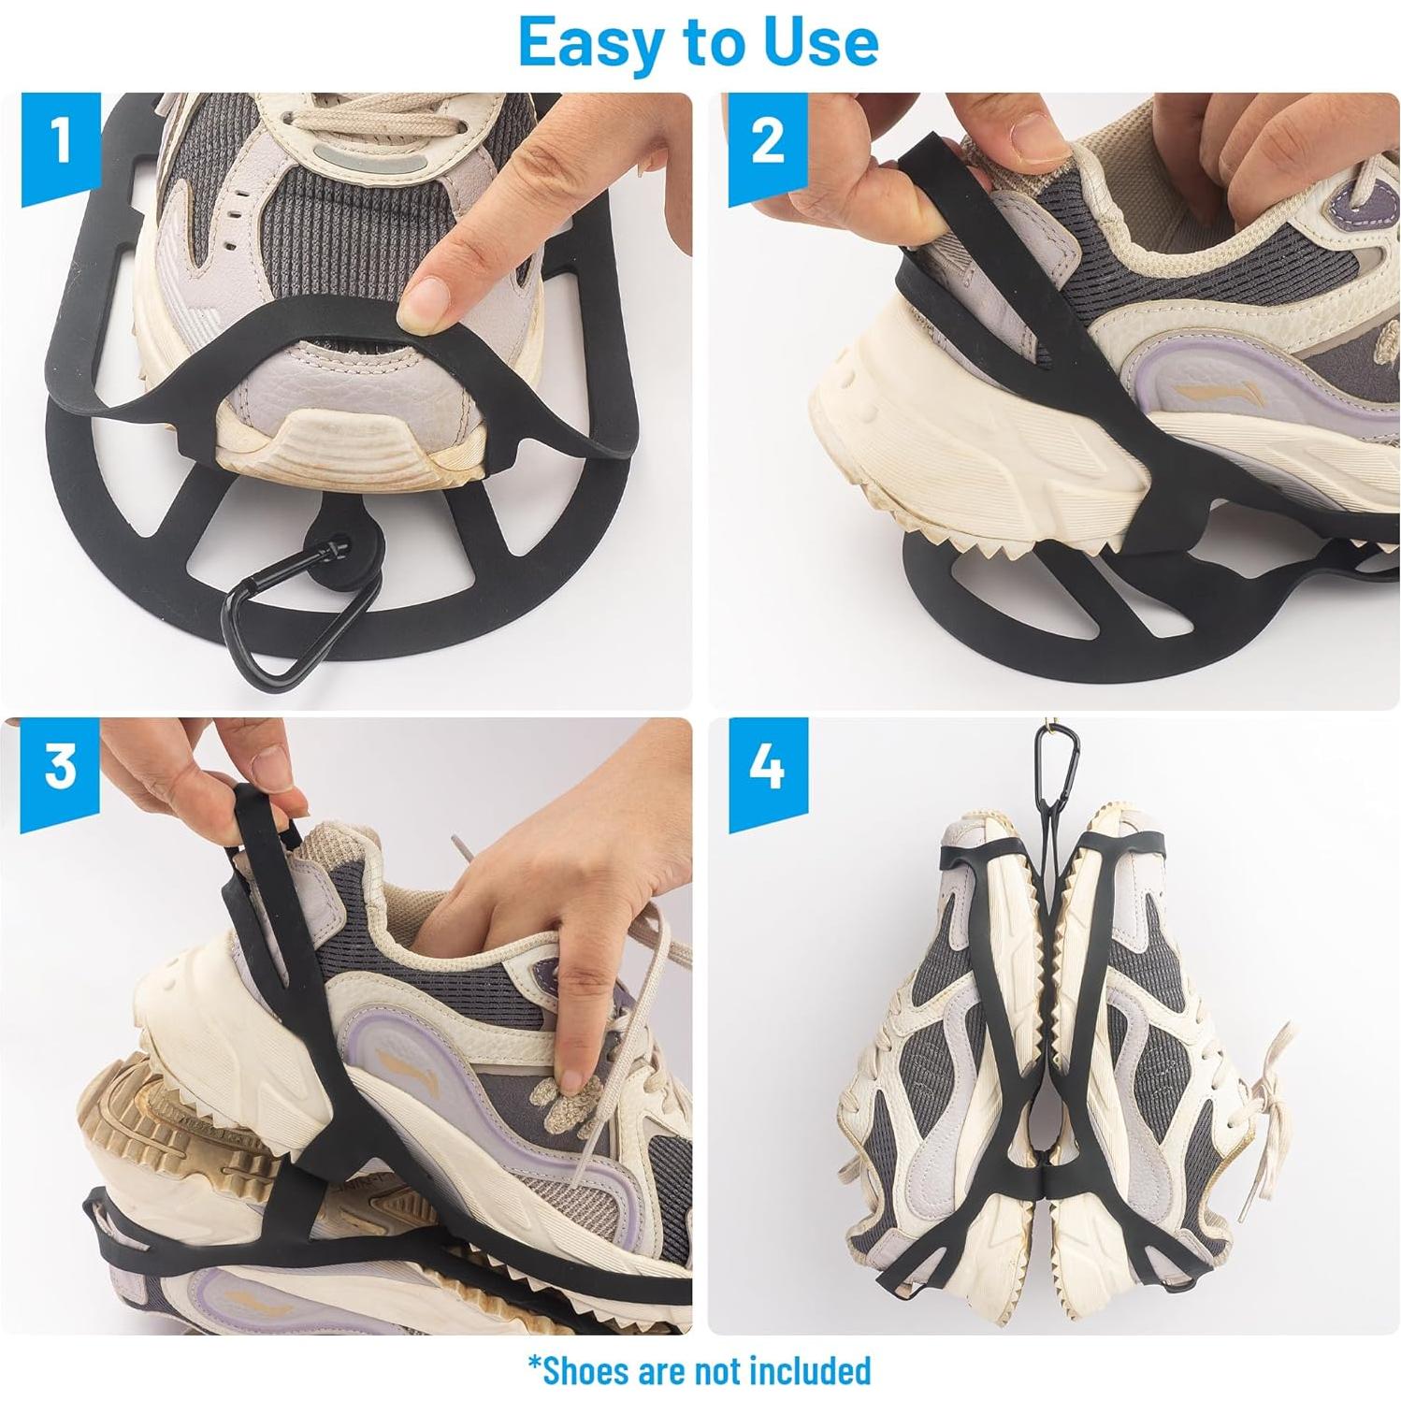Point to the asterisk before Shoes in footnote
click(535, 1363)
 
